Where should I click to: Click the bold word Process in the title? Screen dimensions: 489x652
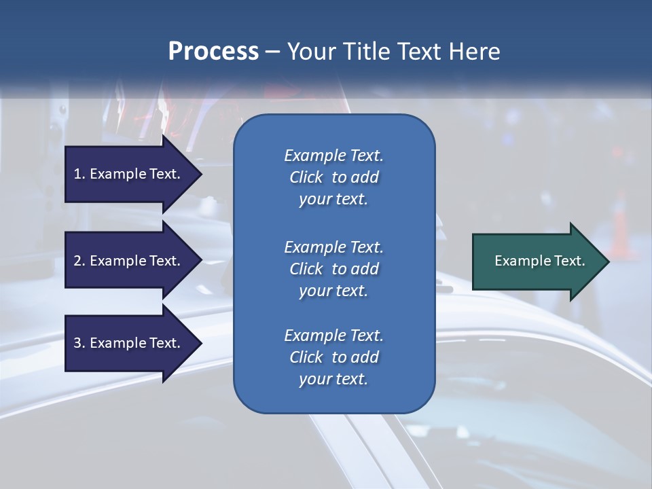[213, 52]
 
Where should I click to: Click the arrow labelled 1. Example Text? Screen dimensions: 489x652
[129, 174]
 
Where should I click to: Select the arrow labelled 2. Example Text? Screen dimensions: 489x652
[129, 261]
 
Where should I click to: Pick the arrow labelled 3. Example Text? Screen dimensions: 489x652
[129, 343]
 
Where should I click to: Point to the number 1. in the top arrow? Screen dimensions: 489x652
[79, 174]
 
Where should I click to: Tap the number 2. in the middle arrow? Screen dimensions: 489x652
[79, 261]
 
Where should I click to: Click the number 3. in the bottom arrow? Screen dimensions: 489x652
[79, 343]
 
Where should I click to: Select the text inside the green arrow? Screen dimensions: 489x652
[540, 261]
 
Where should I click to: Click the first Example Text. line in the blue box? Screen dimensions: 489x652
[333, 156]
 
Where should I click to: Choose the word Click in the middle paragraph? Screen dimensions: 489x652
[306, 269]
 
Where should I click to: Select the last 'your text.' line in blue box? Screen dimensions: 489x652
[333, 380]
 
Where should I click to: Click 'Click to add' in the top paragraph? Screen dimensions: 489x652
[333, 177]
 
